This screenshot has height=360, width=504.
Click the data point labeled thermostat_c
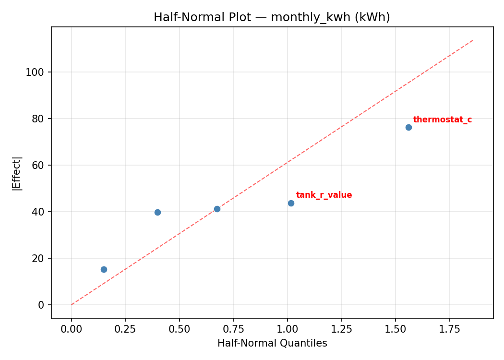pyautogui.click(x=408, y=127)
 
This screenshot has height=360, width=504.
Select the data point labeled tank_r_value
pyautogui.click(x=291, y=203)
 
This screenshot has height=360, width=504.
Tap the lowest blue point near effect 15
pyautogui.click(x=104, y=269)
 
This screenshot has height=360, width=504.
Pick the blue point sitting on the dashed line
pyautogui.click(x=217, y=209)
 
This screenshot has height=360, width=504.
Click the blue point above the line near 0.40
pyautogui.click(x=157, y=212)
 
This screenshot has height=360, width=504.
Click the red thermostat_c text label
pyautogui.click(x=442, y=120)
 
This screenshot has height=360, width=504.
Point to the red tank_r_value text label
pyautogui.click(x=324, y=195)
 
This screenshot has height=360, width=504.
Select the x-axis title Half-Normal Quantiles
pyautogui.click(x=272, y=343)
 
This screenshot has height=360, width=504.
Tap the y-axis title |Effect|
pyautogui.click(x=17, y=173)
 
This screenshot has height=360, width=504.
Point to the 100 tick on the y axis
pyautogui.click(x=38, y=72)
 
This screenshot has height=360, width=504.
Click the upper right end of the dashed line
pyautogui.click(x=473, y=40)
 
